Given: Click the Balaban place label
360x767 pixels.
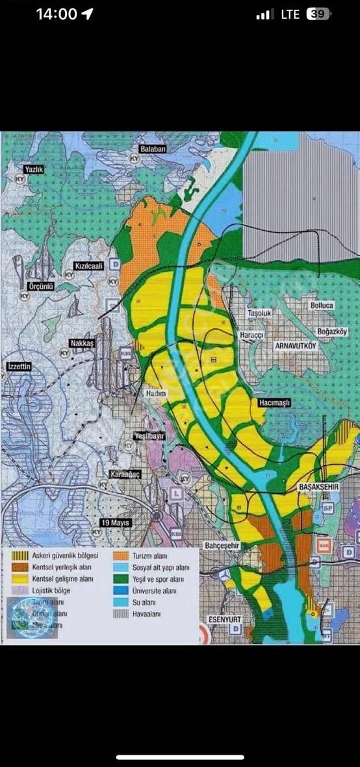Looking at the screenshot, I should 152,149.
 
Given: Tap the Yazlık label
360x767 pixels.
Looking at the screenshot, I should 33,169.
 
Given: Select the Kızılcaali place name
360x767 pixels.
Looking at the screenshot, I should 89,266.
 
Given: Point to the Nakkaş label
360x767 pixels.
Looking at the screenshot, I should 83,343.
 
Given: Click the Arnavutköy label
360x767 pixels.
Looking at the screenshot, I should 295,346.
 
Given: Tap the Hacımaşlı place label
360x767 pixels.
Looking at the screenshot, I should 274,403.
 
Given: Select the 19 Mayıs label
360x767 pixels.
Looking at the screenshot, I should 116,523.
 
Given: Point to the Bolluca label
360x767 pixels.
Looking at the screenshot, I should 322,305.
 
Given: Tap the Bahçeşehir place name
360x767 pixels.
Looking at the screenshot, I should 222,545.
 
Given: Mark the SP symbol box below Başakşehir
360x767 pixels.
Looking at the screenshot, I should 328,507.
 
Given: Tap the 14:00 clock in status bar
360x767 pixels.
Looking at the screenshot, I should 57,14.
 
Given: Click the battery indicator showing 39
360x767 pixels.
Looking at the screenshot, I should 318,14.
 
